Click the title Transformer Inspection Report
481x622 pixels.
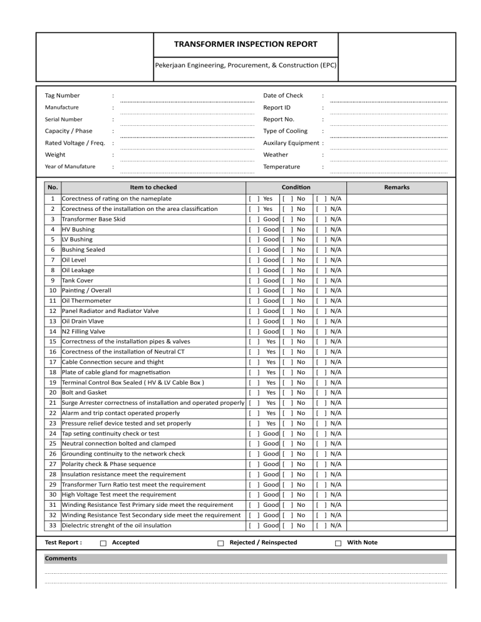(x=246, y=44)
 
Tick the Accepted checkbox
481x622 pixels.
(x=103, y=543)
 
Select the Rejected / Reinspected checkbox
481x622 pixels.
(x=220, y=543)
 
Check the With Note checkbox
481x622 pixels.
(x=338, y=543)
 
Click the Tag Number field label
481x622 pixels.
(x=62, y=95)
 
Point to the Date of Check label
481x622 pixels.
(x=282, y=95)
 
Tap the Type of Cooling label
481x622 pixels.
(x=285, y=131)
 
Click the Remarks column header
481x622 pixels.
(x=397, y=187)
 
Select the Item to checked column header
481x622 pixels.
(x=153, y=187)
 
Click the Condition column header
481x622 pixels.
(x=296, y=187)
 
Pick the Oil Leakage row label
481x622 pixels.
(x=78, y=270)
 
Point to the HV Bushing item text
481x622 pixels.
(x=75, y=230)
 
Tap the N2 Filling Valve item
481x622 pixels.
(x=83, y=331)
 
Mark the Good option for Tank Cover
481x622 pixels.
(x=254, y=280)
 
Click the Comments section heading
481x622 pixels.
(x=61, y=558)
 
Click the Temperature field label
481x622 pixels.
(x=281, y=166)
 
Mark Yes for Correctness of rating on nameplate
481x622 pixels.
(x=254, y=199)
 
